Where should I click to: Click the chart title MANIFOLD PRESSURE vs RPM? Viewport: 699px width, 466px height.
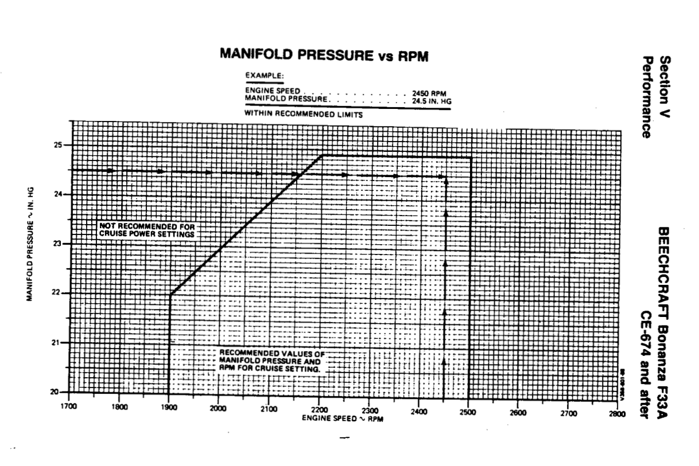(324, 55)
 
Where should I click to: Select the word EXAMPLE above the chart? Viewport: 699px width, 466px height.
(265, 75)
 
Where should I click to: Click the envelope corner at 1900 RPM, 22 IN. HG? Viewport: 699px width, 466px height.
(170, 295)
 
